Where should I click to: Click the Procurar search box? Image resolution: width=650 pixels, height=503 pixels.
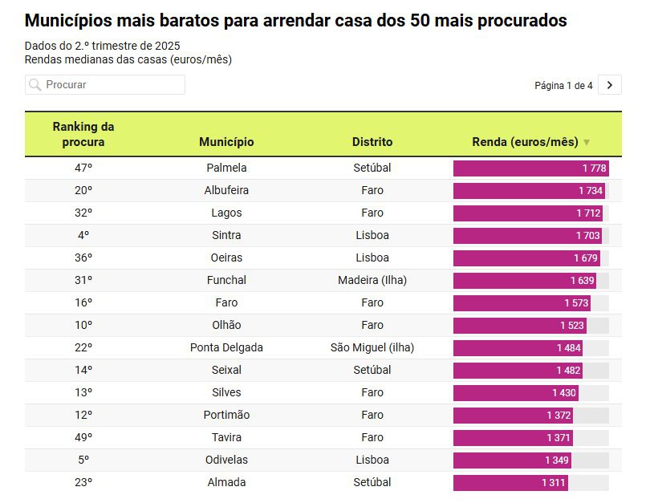click(x=112, y=84)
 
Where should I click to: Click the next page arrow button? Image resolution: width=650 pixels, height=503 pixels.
click(x=610, y=84)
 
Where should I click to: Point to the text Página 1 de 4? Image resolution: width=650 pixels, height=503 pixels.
click(x=563, y=85)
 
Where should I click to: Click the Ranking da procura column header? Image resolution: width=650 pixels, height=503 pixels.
click(x=83, y=134)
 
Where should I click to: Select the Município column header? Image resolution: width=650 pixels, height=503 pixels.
click(x=226, y=142)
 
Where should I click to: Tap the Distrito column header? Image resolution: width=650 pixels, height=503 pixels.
click(x=372, y=142)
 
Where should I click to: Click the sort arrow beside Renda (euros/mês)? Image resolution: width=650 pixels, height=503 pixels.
click(x=587, y=143)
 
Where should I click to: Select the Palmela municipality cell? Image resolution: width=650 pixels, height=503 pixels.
click(x=226, y=168)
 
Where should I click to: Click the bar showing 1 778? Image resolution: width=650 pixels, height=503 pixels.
click(x=530, y=168)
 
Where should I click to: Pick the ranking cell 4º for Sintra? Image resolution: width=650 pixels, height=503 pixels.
click(x=83, y=235)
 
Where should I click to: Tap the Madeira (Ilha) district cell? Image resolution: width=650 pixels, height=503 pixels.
click(x=372, y=280)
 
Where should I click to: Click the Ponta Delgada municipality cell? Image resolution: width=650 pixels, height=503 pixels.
click(x=226, y=347)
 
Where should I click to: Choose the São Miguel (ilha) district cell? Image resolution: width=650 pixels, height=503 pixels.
click(x=372, y=347)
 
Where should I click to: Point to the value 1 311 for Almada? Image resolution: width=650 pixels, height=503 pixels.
click(x=553, y=482)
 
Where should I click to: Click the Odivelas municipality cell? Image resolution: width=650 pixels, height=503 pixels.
click(x=226, y=460)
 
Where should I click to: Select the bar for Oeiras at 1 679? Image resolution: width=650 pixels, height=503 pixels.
click(x=526, y=258)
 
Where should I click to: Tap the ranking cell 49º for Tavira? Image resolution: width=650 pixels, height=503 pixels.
click(x=83, y=437)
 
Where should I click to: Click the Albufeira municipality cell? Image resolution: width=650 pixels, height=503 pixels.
click(x=226, y=190)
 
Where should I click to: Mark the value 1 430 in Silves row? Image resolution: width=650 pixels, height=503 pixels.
click(x=563, y=392)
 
